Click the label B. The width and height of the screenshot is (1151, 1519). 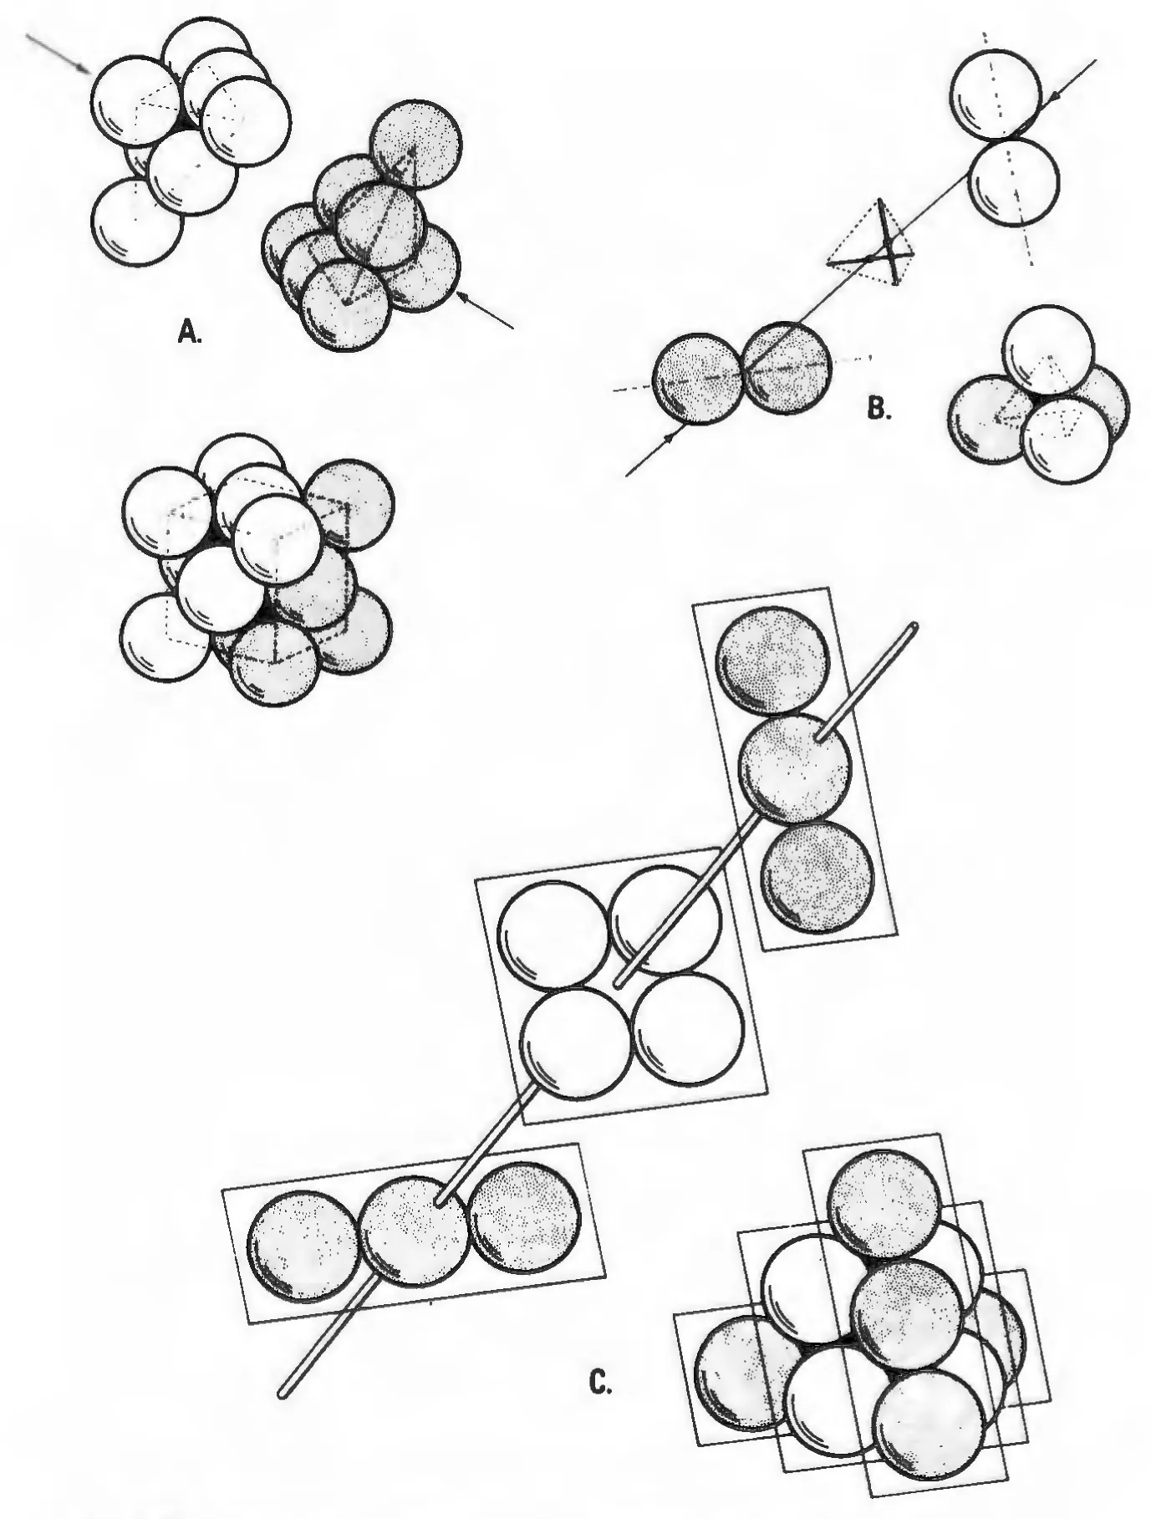tap(877, 409)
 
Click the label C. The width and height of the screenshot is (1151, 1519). tap(601, 1384)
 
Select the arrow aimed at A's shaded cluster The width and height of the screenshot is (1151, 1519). tap(484, 308)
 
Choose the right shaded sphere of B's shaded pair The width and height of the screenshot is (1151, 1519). tap(787, 368)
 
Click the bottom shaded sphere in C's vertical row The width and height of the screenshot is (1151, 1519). tap(818, 875)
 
